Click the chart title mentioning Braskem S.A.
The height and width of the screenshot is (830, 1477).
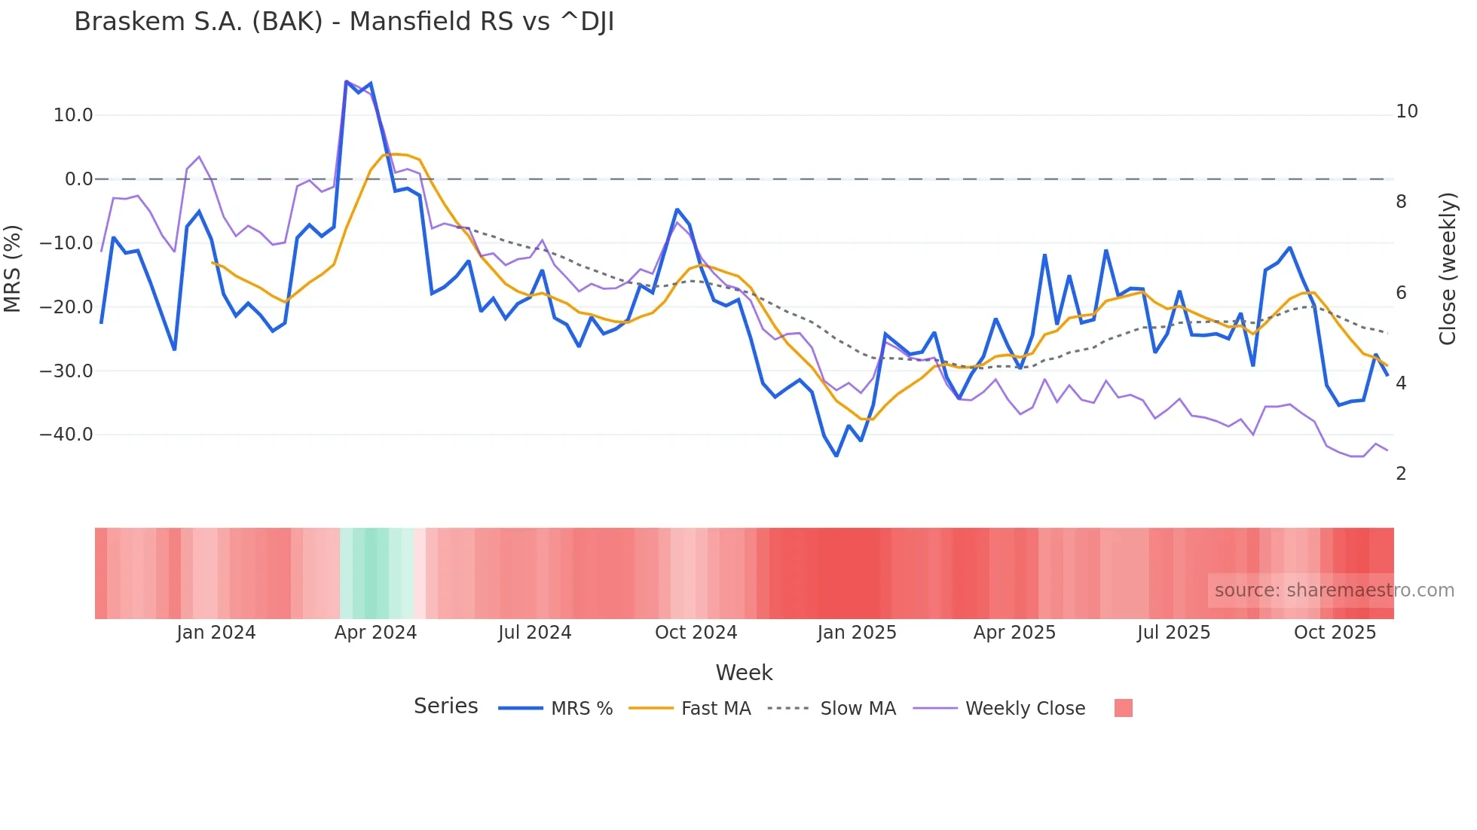pos(344,22)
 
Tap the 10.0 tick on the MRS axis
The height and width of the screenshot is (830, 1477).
pos(73,115)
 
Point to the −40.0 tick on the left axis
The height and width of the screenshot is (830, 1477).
pos(67,435)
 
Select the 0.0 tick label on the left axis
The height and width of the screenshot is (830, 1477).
pos(78,179)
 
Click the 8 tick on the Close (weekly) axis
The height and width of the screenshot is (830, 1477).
pos(1401,202)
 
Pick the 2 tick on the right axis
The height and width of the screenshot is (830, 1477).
pos(1401,474)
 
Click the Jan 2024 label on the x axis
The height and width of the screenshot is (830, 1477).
pos(216,633)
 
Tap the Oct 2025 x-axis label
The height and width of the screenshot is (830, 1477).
pos(1335,633)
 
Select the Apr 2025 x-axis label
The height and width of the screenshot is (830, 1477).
pos(1014,633)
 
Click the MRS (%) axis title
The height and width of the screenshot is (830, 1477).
pos(13,269)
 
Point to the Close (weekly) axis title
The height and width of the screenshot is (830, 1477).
pos(1447,269)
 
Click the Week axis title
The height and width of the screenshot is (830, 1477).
pos(744,673)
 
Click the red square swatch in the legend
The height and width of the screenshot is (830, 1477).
pos(1123,708)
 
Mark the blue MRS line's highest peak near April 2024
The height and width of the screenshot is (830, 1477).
pos(346,81)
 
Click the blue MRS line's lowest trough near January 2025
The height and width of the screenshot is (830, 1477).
pos(836,456)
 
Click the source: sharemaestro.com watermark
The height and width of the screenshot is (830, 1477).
pos(1334,590)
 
